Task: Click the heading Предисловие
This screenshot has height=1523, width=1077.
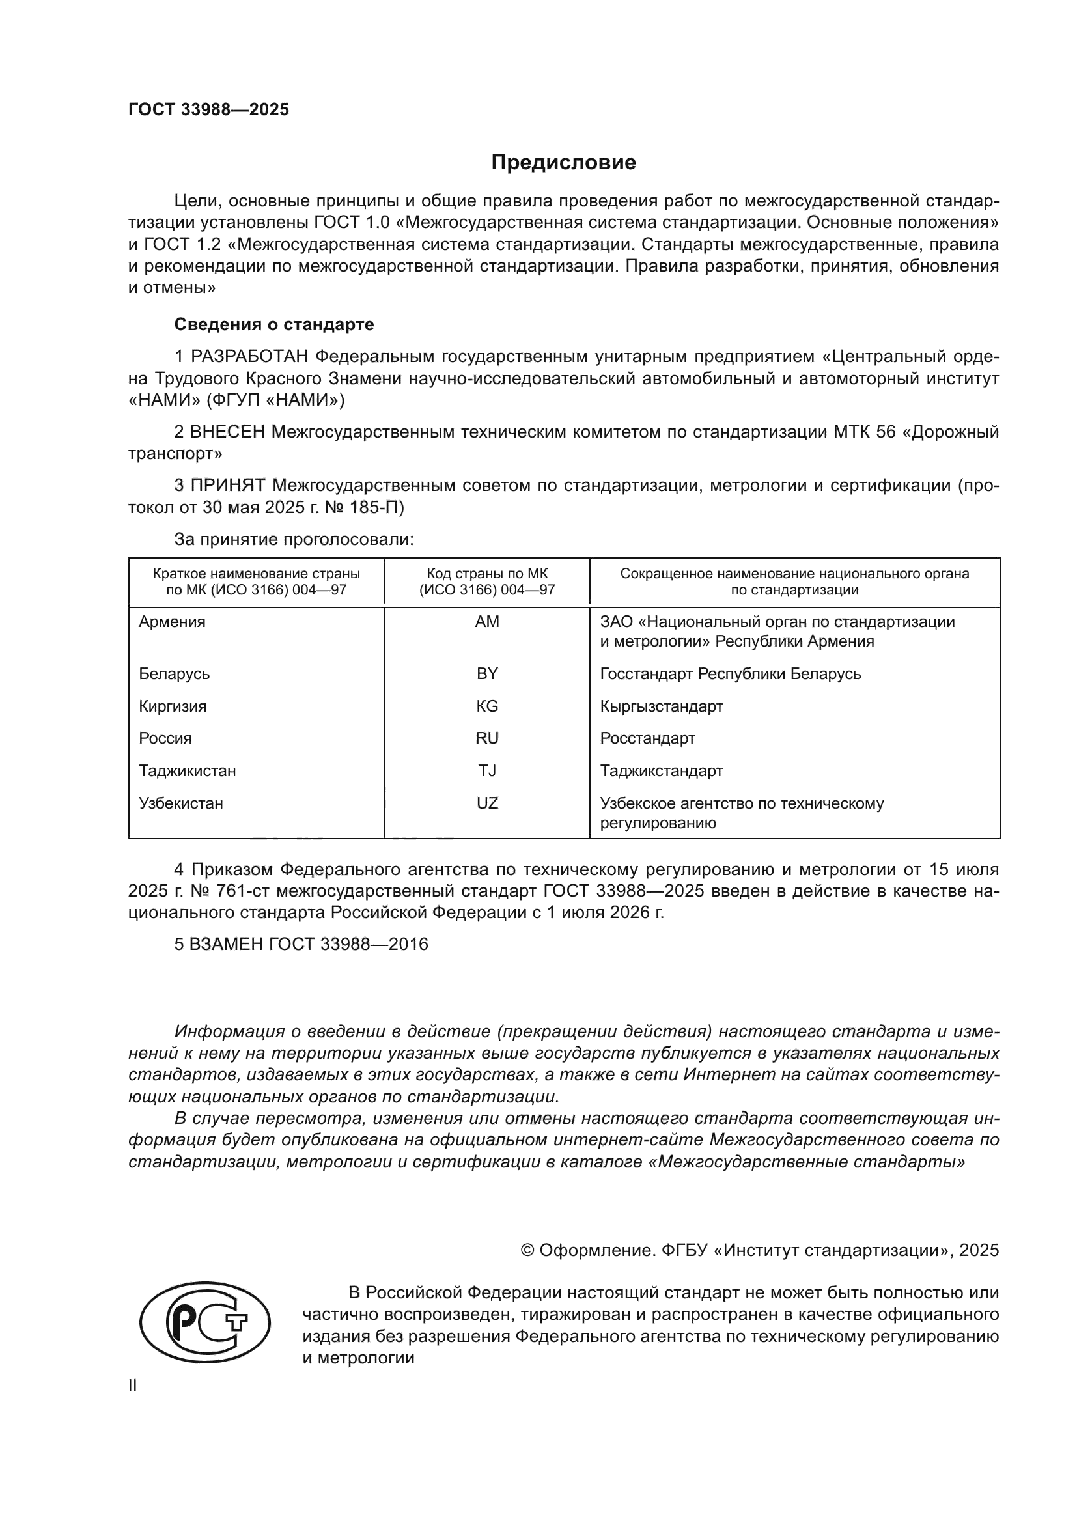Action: point(563,163)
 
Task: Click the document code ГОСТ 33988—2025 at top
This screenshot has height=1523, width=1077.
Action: point(209,110)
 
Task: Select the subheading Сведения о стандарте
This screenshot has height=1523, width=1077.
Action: point(274,324)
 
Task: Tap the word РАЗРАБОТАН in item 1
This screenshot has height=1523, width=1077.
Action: point(249,357)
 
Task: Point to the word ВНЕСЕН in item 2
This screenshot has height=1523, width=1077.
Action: point(227,432)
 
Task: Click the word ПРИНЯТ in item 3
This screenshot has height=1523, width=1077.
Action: point(228,486)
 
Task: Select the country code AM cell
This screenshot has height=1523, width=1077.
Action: point(487,622)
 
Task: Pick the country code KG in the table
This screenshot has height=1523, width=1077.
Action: point(487,706)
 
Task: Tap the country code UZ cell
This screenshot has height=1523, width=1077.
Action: point(487,803)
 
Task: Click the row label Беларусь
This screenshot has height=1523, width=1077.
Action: point(174,674)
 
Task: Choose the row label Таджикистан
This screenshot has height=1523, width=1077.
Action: point(187,771)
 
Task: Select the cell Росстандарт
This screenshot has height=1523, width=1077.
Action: point(647,738)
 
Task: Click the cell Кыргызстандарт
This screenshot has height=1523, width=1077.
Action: point(661,706)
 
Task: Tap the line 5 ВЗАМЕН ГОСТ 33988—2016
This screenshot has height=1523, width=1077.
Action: point(301,944)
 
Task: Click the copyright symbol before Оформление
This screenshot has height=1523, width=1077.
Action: point(527,1250)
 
